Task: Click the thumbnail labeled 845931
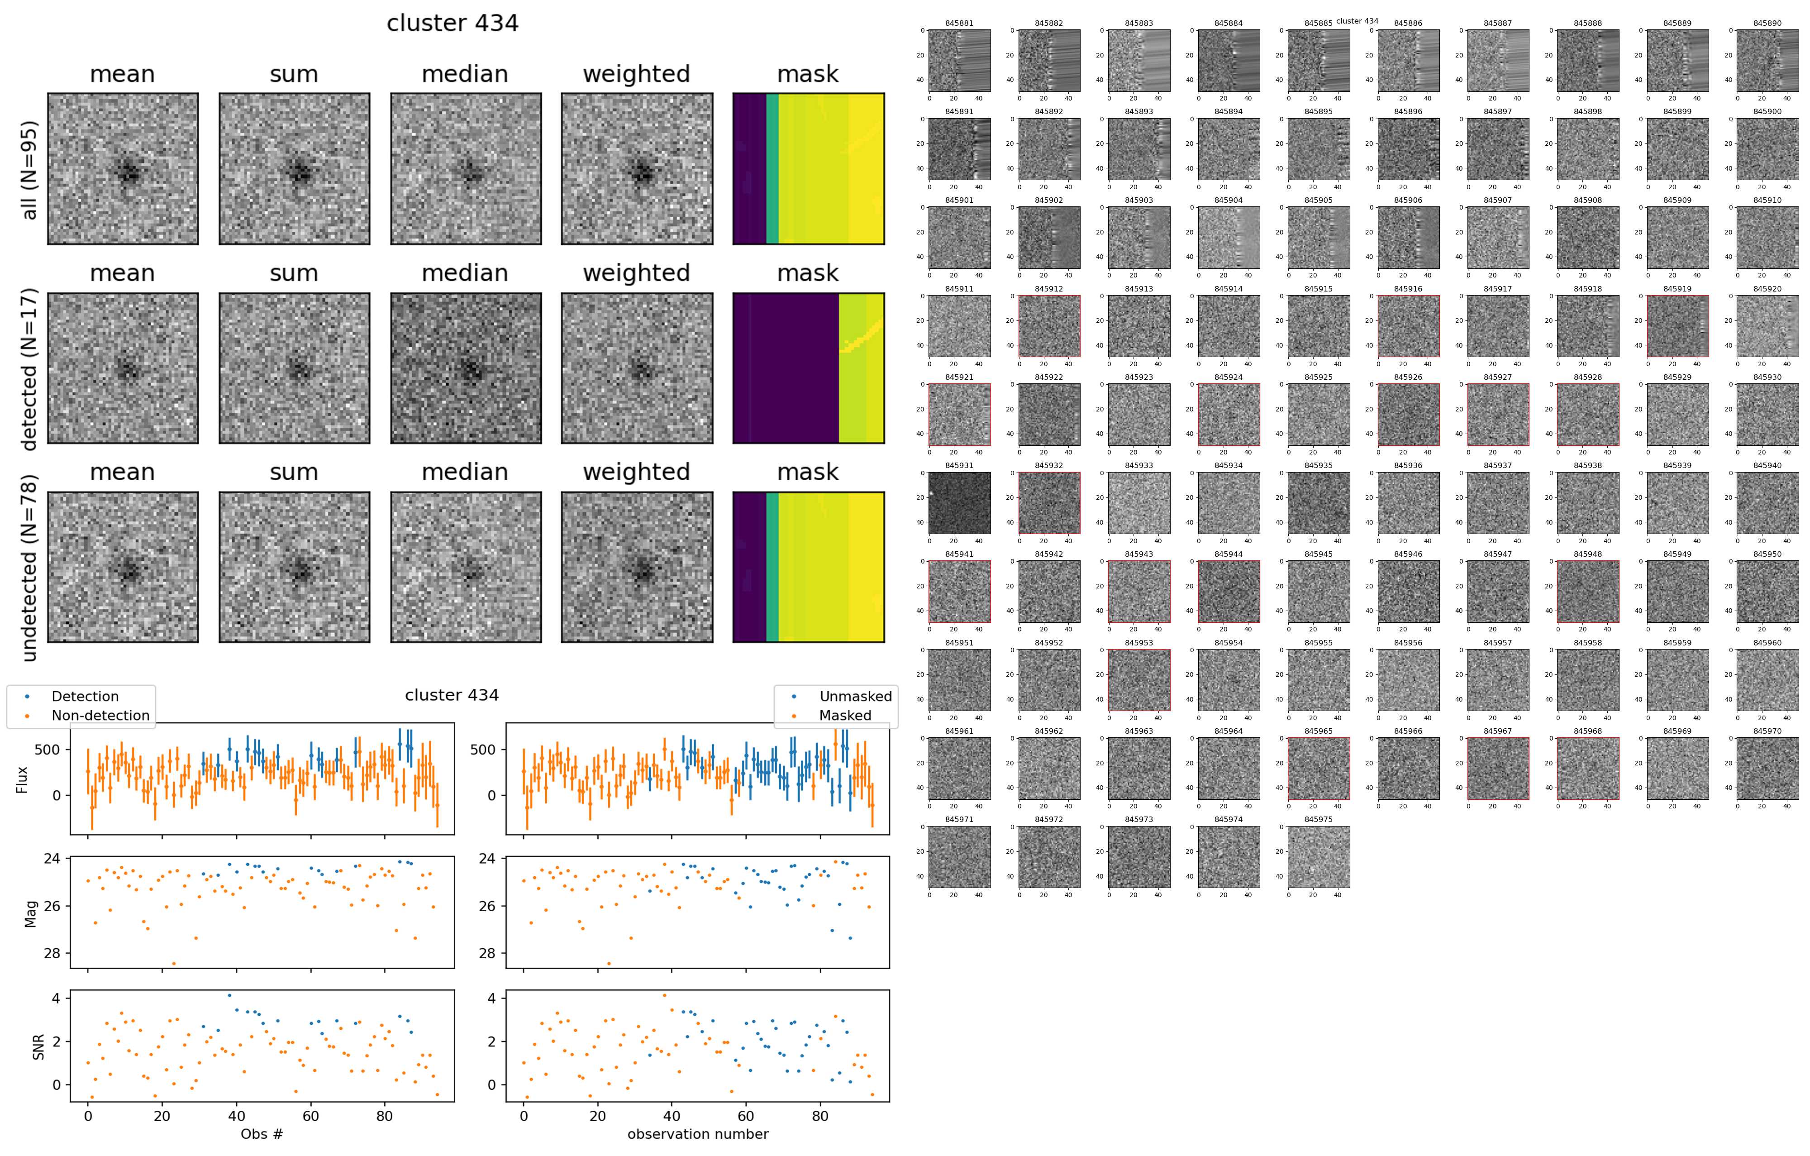959,503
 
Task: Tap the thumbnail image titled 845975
1319,857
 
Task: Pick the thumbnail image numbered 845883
1139,60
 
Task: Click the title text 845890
1767,23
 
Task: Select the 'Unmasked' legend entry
855,697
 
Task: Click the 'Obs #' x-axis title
262,1133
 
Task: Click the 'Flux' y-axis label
22,779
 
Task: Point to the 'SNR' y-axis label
38,1047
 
